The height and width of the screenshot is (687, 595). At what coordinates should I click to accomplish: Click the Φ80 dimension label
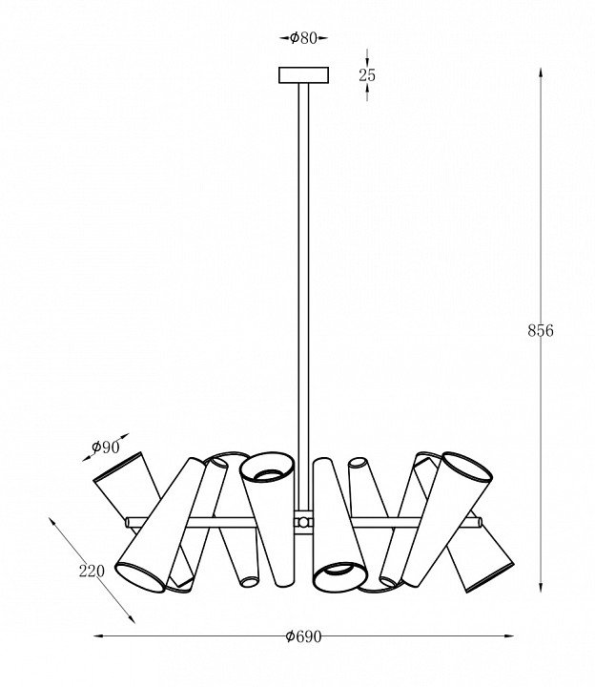303,38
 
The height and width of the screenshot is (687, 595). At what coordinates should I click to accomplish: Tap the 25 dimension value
367,75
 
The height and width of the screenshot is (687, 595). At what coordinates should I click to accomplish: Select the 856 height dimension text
541,331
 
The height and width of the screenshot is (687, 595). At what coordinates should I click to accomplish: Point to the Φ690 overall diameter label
303,636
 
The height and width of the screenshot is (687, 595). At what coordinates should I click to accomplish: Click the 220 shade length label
92,572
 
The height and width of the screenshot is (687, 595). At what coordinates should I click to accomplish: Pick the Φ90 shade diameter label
106,447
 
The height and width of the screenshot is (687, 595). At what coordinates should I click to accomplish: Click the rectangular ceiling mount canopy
303,75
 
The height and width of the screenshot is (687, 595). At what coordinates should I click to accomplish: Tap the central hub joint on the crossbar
303,522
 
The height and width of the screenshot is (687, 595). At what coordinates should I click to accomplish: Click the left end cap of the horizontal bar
128,522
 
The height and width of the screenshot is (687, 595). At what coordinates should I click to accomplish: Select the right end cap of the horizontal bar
480,522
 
